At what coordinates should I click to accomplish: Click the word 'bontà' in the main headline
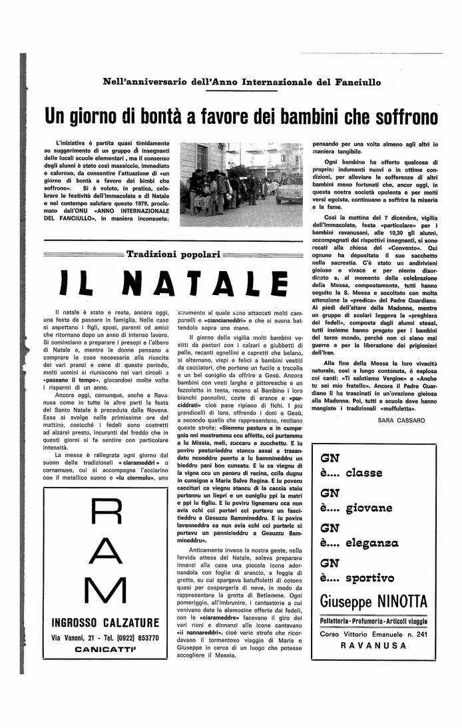pyautogui.click(x=158, y=117)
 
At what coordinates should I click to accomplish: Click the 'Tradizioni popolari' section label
pyautogui.click(x=172, y=254)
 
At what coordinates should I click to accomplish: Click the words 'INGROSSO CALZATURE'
pyautogui.click(x=105, y=623)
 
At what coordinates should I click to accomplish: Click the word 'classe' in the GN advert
pyautogui.click(x=363, y=473)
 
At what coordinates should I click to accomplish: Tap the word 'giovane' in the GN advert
pyautogui.click(x=369, y=508)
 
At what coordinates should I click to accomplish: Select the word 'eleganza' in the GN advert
pyautogui.click(x=372, y=544)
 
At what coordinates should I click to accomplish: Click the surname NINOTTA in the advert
pyautogui.click(x=399, y=601)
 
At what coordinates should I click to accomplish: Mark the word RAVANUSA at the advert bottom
pyautogui.click(x=373, y=645)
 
